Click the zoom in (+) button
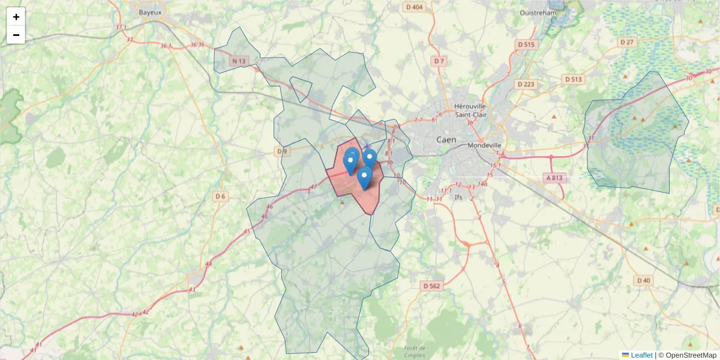(x=16, y=17)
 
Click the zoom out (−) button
(x=16, y=35)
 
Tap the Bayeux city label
(x=150, y=12)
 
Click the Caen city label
(x=446, y=139)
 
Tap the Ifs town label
(x=459, y=197)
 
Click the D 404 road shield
(x=414, y=7)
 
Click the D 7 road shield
(x=439, y=61)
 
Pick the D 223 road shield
(x=525, y=84)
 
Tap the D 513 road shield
(x=574, y=79)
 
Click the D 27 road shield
(x=627, y=42)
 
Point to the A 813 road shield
(x=555, y=178)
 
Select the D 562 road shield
(x=431, y=286)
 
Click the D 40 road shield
(x=644, y=280)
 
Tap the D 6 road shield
(x=220, y=196)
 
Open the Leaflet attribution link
(x=641, y=355)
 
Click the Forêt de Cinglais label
(x=415, y=352)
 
